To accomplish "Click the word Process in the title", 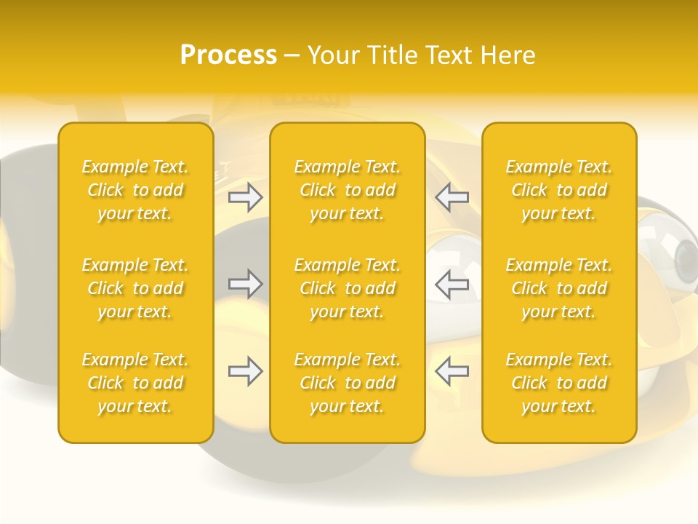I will click(x=228, y=55).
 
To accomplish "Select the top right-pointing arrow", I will click(x=245, y=197).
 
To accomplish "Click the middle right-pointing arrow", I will click(x=245, y=284).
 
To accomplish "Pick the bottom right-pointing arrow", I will click(x=245, y=371).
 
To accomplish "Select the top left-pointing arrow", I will click(x=452, y=197).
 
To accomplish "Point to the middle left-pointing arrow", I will click(x=452, y=284).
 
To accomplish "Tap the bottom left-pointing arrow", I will click(x=452, y=371).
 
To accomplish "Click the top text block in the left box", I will click(x=135, y=190).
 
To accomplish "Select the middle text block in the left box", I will click(x=135, y=288).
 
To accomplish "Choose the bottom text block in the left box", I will click(x=135, y=383).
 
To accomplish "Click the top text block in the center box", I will click(x=348, y=190).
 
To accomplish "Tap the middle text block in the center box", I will click(x=348, y=288).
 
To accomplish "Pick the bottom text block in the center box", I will click(x=348, y=383).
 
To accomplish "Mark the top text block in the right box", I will click(x=559, y=190).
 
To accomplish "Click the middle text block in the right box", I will click(x=559, y=288).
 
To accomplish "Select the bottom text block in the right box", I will click(x=559, y=383).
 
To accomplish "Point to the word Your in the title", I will click(x=332, y=55).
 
